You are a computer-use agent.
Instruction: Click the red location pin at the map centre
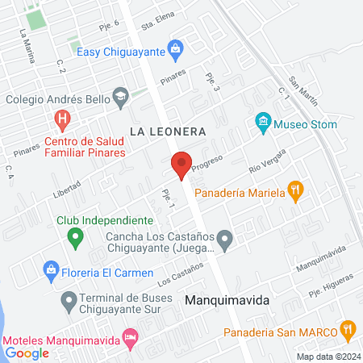[181, 164]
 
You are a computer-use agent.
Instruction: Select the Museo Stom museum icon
[262, 123]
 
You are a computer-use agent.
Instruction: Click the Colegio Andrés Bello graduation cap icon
[120, 98]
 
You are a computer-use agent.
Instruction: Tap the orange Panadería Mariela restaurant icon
[297, 192]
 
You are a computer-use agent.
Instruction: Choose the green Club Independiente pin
[76, 237]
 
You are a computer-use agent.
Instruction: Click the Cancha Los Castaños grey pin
[227, 239]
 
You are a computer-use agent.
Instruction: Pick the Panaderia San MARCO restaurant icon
[348, 328]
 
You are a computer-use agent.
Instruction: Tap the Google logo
[27, 353]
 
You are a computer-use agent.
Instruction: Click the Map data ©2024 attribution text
[328, 357]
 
